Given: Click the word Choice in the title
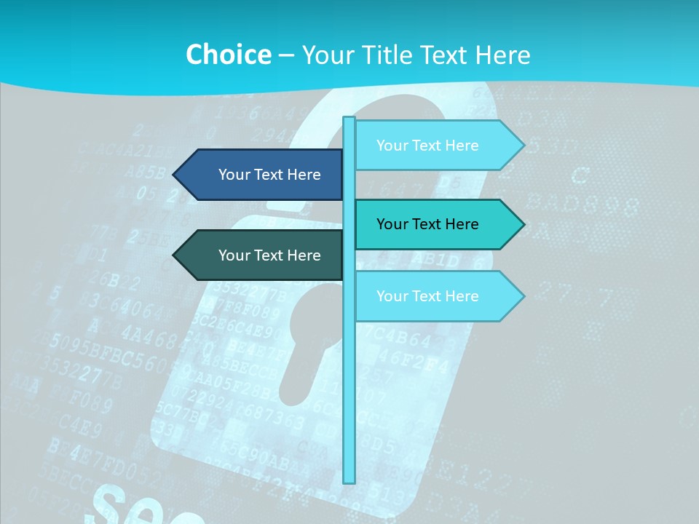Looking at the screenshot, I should point(228,55).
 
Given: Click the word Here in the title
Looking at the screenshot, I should point(502,55).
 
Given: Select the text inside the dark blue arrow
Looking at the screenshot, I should point(269,175).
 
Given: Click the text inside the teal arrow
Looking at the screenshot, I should point(427,224).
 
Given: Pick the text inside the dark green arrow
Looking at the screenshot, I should point(269,255).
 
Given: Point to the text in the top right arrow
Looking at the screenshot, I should point(427,146).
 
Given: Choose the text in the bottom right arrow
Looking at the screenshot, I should point(427,296).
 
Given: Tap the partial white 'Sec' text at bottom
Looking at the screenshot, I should point(146,506).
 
